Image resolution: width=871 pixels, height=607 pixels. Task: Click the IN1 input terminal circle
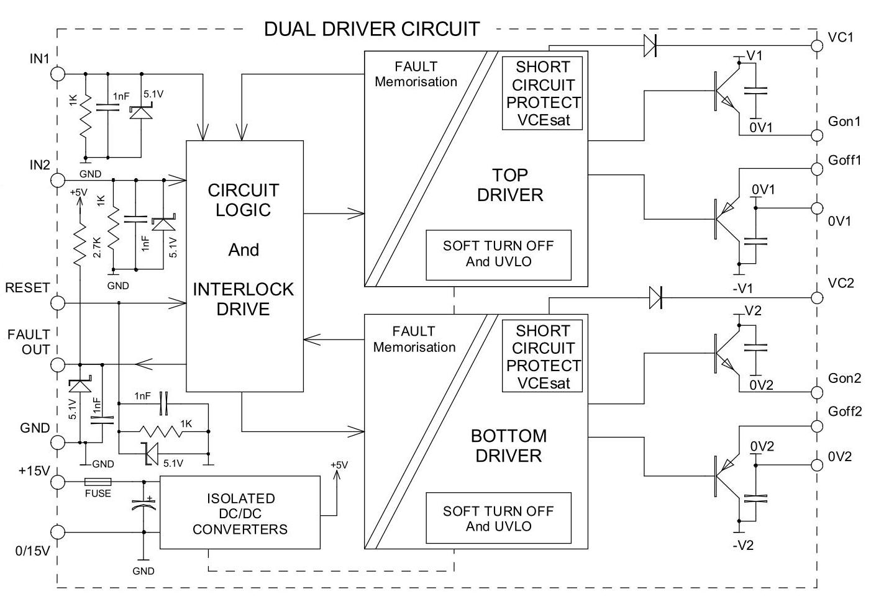pos(58,73)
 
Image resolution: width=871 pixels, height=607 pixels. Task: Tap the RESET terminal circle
pos(58,303)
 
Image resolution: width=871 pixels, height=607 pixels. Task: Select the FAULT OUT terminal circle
pos(58,364)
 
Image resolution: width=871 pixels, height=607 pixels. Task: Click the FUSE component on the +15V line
pos(98,482)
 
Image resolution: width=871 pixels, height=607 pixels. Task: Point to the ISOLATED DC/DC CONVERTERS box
pos(240,512)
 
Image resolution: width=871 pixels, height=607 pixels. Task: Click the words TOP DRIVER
pos(510,185)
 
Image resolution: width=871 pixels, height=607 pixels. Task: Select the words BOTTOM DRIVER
pos(509,446)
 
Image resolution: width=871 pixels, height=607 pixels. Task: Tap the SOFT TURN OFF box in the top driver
pos(498,254)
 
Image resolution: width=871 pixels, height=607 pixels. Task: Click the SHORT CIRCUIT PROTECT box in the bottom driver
pos(542,356)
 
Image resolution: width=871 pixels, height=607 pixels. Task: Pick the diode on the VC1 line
pos(650,46)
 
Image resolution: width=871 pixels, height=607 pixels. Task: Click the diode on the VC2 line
pos(655,298)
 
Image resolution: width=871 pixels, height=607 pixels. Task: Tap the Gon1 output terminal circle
pos(818,135)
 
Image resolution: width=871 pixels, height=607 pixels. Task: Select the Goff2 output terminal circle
pos(818,426)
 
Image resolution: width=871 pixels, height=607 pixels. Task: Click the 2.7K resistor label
pos(97,247)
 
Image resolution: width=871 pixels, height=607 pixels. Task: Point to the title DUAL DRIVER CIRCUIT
pos(372,29)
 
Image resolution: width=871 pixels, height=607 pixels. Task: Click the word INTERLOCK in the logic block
pos(244,289)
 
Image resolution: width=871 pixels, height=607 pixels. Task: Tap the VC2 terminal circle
pos(818,298)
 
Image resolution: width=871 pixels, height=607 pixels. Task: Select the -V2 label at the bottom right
pos(743,546)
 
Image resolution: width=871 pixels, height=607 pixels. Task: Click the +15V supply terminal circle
pos(58,482)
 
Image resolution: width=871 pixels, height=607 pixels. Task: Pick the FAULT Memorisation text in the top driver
pos(416,74)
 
